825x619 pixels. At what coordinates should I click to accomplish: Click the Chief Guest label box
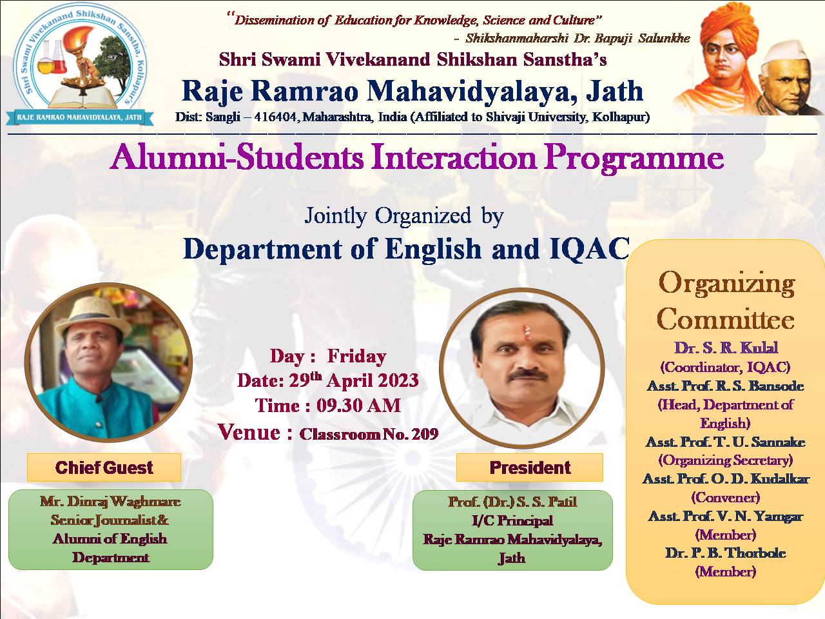(x=104, y=467)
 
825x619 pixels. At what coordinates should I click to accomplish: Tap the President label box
(x=530, y=467)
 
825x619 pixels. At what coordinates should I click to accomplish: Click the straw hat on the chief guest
(x=93, y=315)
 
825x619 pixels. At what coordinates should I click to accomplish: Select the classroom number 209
(x=425, y=434)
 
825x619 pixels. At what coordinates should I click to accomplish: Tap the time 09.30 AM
(x=358, y=406)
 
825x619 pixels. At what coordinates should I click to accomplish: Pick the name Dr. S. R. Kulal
(x=726, y=348)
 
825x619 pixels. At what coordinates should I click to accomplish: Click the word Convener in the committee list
(x=725, y=498)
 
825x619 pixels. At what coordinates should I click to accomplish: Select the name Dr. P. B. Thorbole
(x=725, y=553)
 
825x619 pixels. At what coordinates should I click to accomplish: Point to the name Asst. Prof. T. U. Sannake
(x=725, y=442)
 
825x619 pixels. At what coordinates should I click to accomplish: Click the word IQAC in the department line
(x=589, y=249)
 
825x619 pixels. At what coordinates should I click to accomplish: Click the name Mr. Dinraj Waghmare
(x=110, y=502)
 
